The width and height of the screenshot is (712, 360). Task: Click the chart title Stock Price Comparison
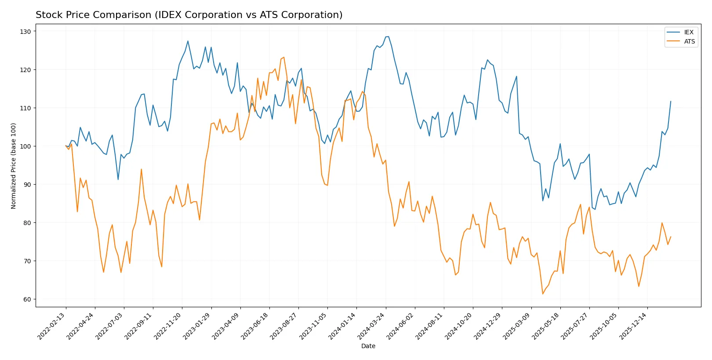pos(189,15)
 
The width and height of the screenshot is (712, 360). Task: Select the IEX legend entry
pos(688,32)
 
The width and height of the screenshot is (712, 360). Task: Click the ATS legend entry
pos(689,41)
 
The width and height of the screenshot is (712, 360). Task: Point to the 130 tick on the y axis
pos(25,32)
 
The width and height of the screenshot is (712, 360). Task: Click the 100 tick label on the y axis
pos(25,146)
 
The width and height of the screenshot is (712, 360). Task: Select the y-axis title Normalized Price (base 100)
pos(14,166)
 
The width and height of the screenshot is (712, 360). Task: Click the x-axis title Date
pos(368,346)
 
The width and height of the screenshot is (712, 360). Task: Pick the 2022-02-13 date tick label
pos(52,326)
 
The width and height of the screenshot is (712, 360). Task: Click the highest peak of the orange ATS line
pos(284,57)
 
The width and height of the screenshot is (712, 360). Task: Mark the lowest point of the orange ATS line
pos(543,294)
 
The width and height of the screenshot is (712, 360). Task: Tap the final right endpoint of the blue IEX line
pos(671,102)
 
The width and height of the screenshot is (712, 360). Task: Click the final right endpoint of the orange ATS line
pos(671,237)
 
